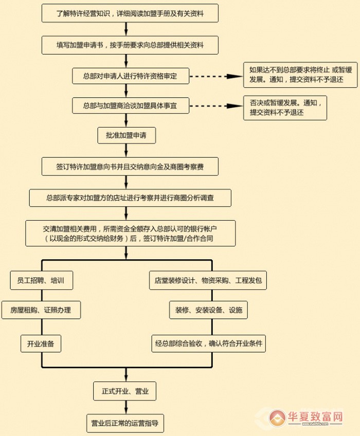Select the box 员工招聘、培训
[41, 281]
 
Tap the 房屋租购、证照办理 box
[41, 310]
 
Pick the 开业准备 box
[41, 343]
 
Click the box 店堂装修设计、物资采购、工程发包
[208, 281]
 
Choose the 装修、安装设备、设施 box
[208, 310]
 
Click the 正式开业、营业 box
[124, 391]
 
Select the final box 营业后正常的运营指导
[124, 424]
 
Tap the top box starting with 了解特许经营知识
[130, 14]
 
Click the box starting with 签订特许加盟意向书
[130, 166]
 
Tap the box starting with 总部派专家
[130, 197]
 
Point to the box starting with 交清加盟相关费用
[131, 233]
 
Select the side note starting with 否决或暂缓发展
[285, 107]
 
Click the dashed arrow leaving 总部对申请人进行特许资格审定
[209, 76]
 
